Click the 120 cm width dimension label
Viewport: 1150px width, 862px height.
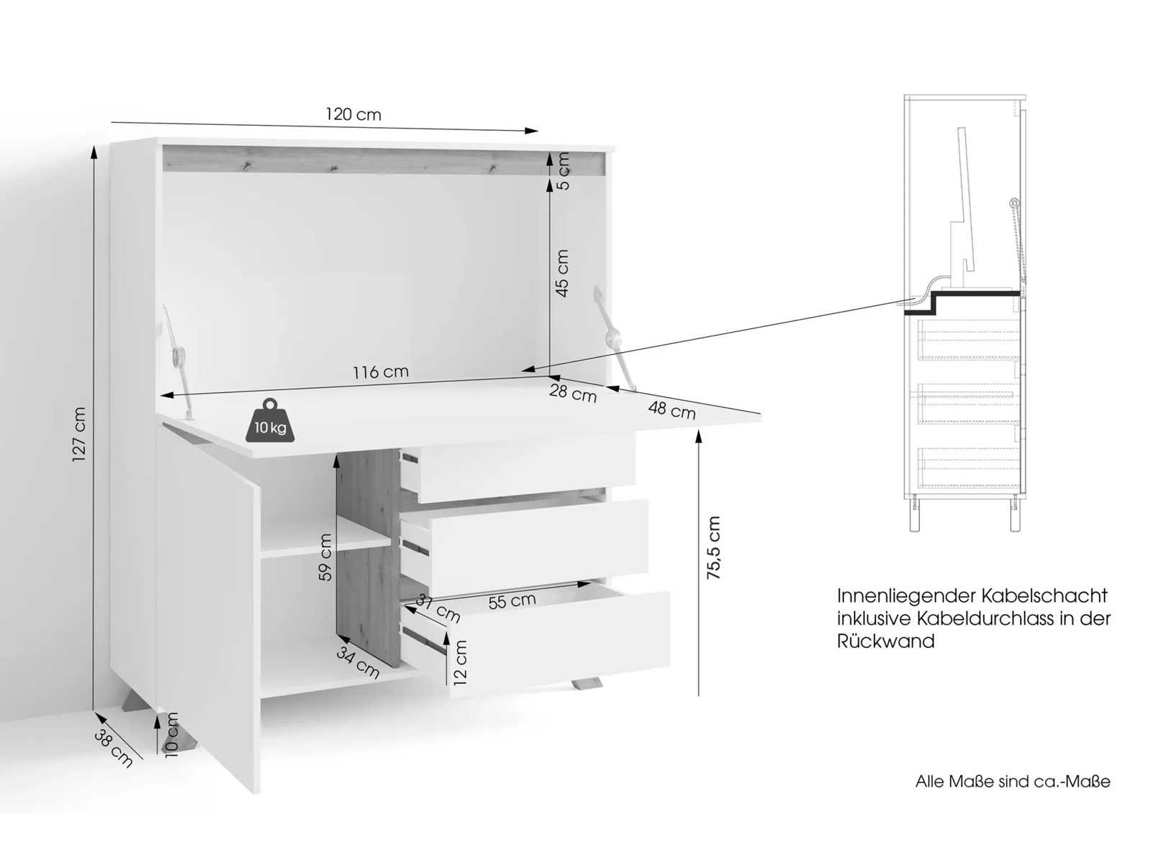(x=353, y=114)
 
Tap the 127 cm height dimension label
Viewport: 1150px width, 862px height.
(x=78, y=435)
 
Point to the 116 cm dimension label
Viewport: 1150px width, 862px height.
(x=379, y=372)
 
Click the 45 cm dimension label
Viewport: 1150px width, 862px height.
(x=561, y=273)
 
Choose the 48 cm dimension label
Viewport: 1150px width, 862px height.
(x=671, y=409)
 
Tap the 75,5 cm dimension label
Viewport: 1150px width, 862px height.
(x=714, y=547)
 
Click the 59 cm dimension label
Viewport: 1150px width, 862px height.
(x=326, y=557)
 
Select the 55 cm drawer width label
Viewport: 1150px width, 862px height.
(x=512, y=601)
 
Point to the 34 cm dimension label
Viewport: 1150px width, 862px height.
(x=357, y=663)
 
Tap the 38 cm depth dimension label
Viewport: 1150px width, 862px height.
(x=114, y=749)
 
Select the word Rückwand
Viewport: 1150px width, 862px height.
(x=885, y=641)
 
